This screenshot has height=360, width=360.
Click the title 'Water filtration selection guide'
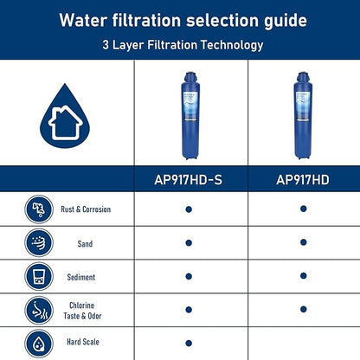click(179, 18)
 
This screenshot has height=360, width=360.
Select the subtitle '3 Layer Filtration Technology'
click(179, 44)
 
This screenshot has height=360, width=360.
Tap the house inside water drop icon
click(65, 119)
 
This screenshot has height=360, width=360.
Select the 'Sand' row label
click(85, 244)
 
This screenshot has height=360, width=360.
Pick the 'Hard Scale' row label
click(85, 343)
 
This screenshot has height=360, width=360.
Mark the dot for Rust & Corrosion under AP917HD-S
click(188, 209)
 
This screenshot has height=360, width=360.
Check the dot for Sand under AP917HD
click(303, 242)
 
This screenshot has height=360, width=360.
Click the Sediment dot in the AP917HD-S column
click(188, 276)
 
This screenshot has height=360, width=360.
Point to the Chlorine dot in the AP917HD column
click(303, 309)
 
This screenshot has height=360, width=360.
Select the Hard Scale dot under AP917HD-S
click(188, 343)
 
